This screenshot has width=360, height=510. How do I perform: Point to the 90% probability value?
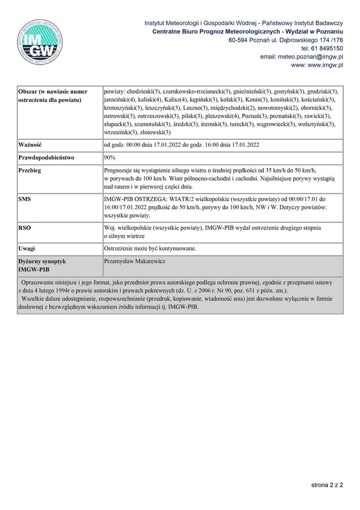pos(110,158)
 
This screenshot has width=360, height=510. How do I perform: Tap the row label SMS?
pos(25,199)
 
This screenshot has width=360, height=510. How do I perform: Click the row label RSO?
pos(25,228)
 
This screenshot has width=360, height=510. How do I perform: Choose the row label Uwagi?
pos(27,248)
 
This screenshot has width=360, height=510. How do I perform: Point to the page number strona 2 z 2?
pos(327,484)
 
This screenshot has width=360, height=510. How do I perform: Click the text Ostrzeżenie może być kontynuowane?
pos(150,248)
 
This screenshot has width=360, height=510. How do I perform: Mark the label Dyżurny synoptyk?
pos(42,261)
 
